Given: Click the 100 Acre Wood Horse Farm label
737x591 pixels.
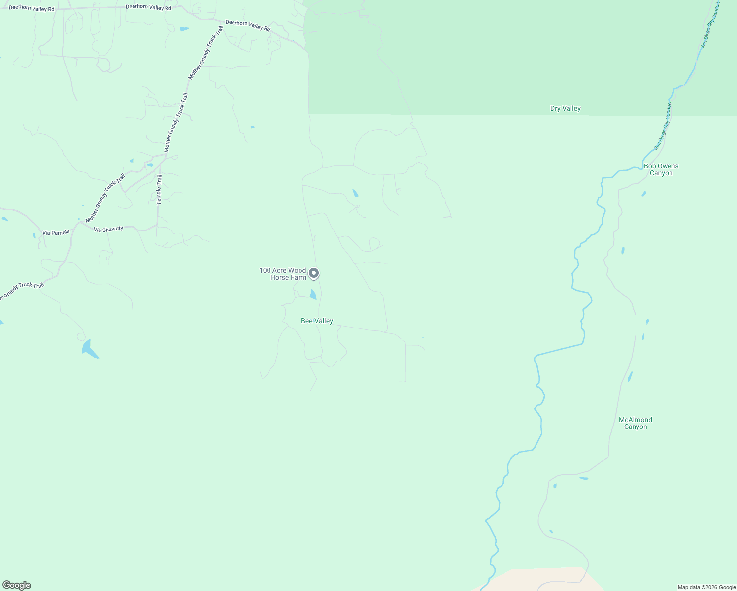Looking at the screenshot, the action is tap(283, 274).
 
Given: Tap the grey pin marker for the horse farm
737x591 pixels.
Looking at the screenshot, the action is tap(313, 273).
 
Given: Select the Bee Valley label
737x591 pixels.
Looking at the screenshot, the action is tap(317, 321).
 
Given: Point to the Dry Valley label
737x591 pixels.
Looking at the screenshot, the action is tap(565, 109).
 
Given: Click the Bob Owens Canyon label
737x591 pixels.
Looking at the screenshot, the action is tap(661, 170).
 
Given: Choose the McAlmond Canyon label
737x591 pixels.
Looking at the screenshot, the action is tap(636, 424).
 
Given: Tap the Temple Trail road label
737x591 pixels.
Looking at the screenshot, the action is tap(159, 190).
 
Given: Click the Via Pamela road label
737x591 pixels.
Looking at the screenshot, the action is tap(56, 232).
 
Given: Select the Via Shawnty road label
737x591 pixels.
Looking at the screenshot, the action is tap(108, 230).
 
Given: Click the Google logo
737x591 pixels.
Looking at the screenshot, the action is tap(17, 585).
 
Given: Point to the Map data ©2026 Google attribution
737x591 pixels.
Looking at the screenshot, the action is tap(706, 587).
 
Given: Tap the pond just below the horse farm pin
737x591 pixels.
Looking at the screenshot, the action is tap(313, 295).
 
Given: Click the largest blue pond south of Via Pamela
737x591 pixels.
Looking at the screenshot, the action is tap(89, 349).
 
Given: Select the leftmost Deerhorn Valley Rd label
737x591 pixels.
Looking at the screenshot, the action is tap(32, 8).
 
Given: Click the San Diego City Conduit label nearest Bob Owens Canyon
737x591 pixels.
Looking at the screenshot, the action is tap(663, 126).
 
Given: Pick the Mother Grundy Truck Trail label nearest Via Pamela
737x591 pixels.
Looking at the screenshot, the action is tap(105, 198).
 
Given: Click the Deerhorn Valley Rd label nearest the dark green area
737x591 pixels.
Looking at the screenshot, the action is tap(248, 25).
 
